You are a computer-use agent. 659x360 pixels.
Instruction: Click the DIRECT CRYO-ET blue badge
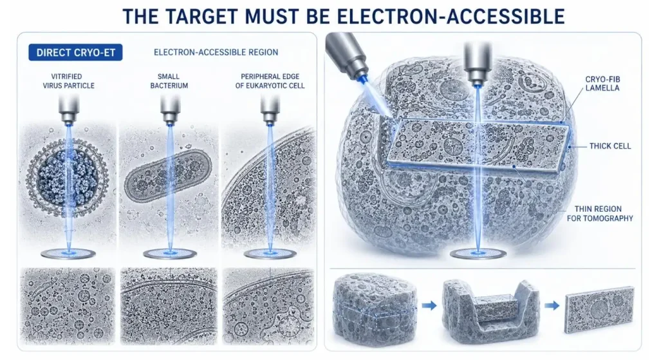(76, 53)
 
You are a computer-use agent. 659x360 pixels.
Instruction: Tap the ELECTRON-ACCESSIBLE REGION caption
(216, 52)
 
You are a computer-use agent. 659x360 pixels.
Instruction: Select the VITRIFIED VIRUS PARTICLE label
(68, 81)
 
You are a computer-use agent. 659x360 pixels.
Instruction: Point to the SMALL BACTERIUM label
(169, 81)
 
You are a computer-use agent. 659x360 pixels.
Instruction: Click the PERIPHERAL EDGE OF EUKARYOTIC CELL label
(270, 81)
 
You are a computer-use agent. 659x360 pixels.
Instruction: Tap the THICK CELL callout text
(610, 146)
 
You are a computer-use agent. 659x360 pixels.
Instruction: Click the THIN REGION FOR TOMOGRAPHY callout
(600, 213)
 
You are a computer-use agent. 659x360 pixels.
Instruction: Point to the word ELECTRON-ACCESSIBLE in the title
(451, 16)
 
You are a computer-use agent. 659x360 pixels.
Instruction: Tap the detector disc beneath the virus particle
(68, 254)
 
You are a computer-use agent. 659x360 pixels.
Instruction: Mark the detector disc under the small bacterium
(170, 254)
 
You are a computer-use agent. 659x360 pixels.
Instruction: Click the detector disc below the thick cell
(478, 254)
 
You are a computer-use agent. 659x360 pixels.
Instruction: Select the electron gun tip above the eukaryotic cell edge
(270, 111)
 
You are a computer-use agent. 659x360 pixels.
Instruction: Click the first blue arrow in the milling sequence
(429, 306)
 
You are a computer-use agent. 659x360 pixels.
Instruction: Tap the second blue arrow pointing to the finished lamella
(552, 306)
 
